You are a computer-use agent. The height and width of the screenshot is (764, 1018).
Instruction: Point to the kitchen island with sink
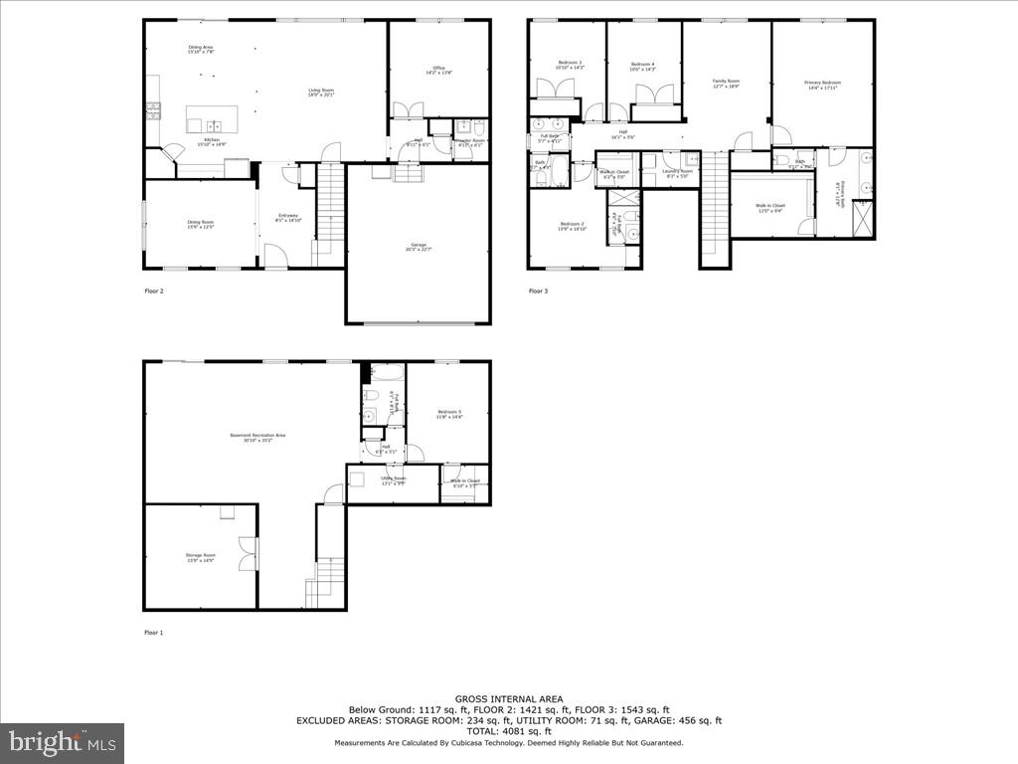pos(213,119)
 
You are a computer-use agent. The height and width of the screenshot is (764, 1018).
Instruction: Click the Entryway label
pos(288,219)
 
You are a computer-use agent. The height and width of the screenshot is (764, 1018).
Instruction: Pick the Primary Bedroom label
pos(822,85)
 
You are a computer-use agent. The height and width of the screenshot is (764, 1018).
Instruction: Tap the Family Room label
pos(726,84)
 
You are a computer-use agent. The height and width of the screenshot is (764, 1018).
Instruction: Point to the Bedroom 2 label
pos(573,226)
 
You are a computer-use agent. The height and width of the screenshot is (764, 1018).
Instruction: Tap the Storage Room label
pos(200,557)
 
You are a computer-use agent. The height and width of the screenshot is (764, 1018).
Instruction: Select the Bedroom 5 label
pos(448,414)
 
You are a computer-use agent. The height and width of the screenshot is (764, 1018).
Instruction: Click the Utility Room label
pos(392,481)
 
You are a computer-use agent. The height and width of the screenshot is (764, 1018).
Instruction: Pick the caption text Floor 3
pos(538,291)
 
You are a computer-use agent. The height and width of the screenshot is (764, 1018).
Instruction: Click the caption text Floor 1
pos(153,633)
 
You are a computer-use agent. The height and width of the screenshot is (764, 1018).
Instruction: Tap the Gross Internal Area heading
pos(508,699)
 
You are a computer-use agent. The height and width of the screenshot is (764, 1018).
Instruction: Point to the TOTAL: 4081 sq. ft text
pos(508,731)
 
